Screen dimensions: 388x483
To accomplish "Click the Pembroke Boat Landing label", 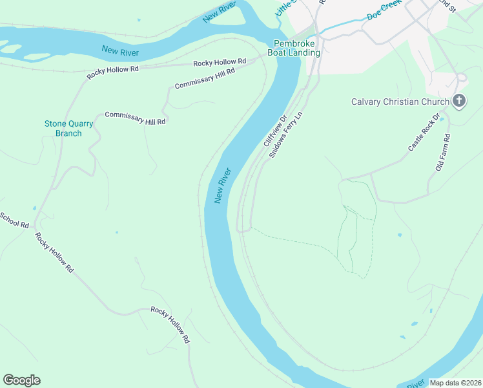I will [x=294, y=48].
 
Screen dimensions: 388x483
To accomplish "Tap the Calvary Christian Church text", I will [x=400, y=102].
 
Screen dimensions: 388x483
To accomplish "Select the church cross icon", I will [x=459, y=101].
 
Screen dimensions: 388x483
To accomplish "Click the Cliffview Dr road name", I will [x=275, y=131].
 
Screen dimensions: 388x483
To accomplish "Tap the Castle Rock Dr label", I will [x=424, y=133].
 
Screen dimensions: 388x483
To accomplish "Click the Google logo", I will [x=21, y=380].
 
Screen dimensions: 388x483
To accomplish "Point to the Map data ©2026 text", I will [x=455, y=383].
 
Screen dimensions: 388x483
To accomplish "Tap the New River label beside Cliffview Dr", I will [x=223, y=186].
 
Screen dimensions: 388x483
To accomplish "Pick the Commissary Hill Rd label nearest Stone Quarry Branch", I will [x=135, y=118].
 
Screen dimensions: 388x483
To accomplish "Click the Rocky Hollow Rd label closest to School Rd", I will [x=54, y=252].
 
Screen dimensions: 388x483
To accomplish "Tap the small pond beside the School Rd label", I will [x=34, y=208].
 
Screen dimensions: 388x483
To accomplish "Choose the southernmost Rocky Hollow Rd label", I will [x=170, y=324].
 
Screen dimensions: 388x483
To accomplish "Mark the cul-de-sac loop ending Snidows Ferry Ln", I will [x=243, y=228].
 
